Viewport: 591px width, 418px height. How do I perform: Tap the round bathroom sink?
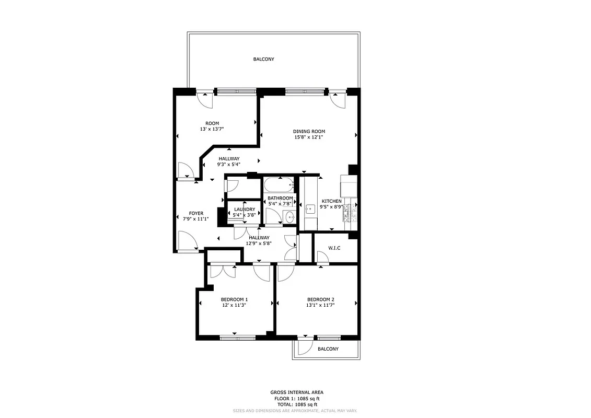tap(289, 219)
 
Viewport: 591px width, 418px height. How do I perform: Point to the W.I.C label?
tap(334, 248)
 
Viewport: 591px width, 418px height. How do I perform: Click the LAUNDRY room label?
tap(244, 209)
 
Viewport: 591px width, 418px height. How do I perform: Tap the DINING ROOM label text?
tap(309, 131)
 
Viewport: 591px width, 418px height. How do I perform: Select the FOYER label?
tap(196, 213)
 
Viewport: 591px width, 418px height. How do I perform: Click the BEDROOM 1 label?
tap(234, 299)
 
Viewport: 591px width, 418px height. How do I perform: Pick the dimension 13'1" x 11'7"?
tap(320, 305)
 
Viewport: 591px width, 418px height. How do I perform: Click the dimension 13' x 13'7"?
tap(212, 129)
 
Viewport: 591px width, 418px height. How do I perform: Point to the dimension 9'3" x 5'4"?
tap(229, 165)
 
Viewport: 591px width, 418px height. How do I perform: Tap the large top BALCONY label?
tap(264, 60)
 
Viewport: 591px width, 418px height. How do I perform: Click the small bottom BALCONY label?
tap(328, 349)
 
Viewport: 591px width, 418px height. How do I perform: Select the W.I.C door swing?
tap(322, 257)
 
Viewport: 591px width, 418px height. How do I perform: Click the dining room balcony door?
tap(338, 101)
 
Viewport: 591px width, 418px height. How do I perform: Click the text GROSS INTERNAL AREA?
tap(297, 392)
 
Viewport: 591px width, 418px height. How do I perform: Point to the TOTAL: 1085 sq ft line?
tap(297, 404)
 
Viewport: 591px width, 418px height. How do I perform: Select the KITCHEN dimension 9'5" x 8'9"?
tap(331, 207)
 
